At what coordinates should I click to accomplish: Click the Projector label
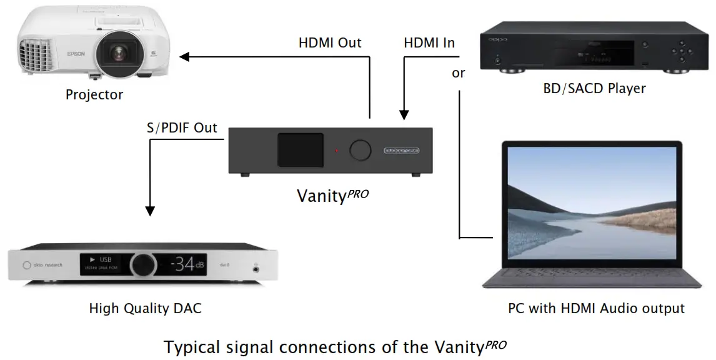point(94,95)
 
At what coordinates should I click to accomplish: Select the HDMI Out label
point(330,43)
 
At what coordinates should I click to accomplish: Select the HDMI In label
point(429,43)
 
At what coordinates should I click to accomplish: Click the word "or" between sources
point(459,74)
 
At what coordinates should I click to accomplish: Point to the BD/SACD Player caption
point(594,88)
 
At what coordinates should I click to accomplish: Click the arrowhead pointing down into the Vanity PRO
point(404,115)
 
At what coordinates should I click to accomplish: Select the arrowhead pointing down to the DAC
point(149,211)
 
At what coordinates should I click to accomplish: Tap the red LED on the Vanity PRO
point(336,151)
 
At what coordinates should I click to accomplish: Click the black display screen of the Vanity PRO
point(301,150)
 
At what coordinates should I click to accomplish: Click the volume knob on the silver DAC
point(144,266)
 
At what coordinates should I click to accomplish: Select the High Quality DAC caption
point(146,308)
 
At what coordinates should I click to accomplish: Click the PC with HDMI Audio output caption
point(596,308)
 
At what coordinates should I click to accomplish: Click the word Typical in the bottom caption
point(191,347)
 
